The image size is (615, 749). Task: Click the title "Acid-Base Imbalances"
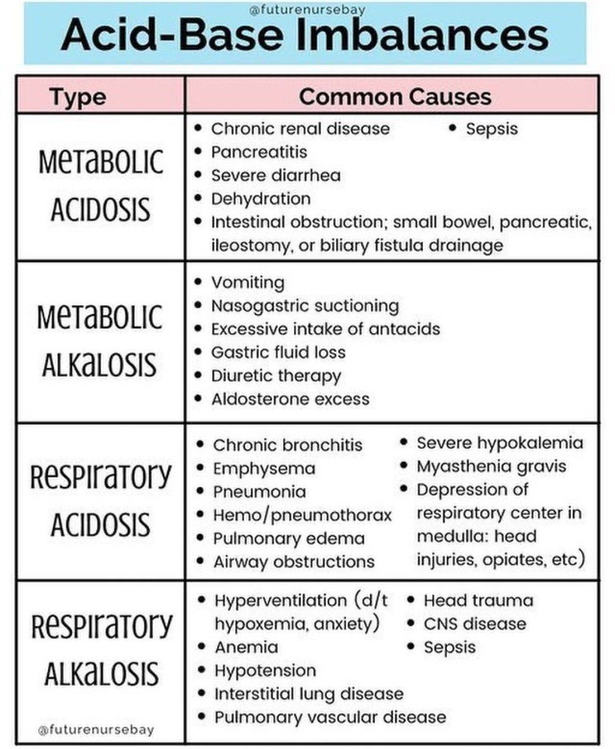tap(305, 35)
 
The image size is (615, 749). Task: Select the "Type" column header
tap(78, 96)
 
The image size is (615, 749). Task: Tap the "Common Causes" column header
tap(395, 96)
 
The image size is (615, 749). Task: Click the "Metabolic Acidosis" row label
tap(101, 185)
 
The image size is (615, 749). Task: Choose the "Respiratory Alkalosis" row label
tap(101, 649)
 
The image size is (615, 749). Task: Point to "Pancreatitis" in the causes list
tap(259, 152)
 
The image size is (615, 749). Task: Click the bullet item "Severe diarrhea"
tap(276, 175)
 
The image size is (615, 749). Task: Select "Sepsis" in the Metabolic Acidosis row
tap(491, 129)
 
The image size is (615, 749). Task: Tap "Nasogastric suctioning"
tap(305, 306)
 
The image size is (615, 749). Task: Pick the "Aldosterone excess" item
tap(290, 399)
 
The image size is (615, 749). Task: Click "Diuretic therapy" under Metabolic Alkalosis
tap(276, 376)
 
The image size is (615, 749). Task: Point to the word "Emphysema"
tap(264, 468)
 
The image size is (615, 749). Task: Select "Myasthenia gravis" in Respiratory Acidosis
tap(491, 466)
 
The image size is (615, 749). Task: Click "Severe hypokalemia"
tap(499, 443)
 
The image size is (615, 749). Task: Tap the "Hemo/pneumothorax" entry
tap(302, 515)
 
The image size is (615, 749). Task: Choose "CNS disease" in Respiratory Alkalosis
tap(474, 624)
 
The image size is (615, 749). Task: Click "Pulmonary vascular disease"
tap(330, 717)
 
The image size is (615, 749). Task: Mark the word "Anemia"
tap(246, 647)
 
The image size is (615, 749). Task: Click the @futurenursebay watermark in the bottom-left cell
tap(96, 730)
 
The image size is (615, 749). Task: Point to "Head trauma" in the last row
tap(478, 600)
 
